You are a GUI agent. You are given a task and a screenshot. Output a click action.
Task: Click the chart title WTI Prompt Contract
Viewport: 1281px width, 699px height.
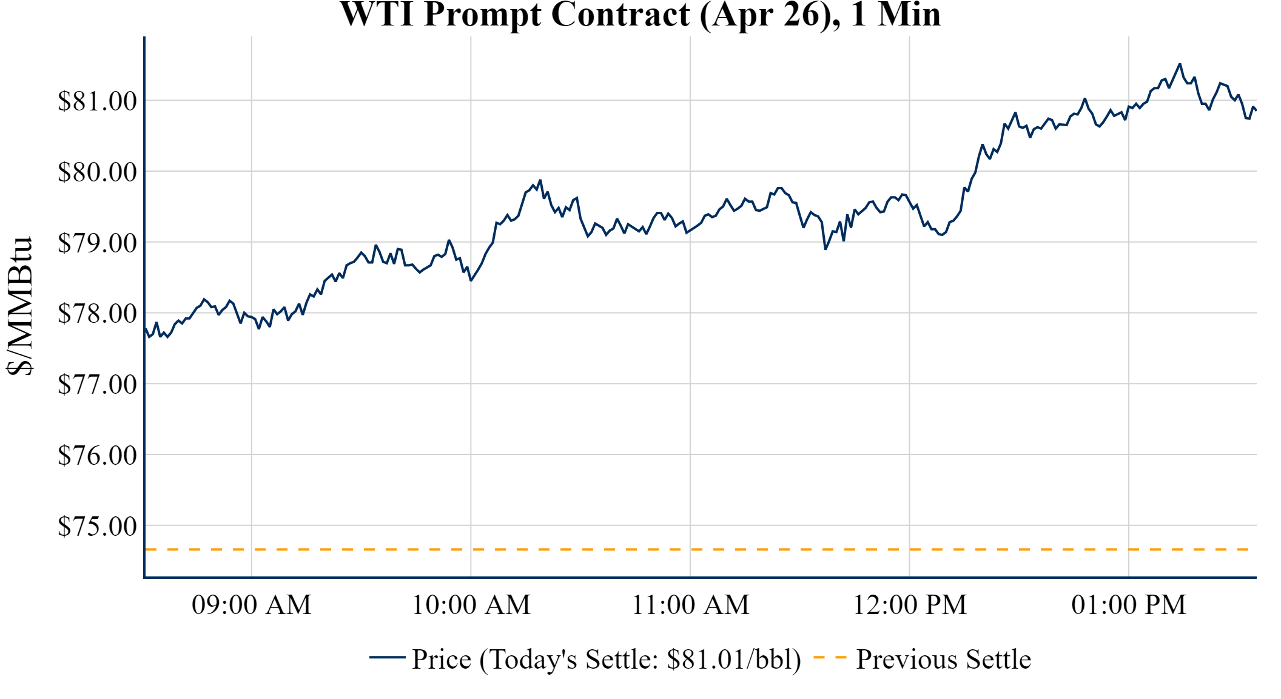[x=640, y=15]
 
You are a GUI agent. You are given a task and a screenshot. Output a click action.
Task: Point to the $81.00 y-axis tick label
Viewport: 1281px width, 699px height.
[x=97, y=101]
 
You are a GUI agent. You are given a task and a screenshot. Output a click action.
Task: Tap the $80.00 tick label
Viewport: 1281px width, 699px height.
[x=97, y=172]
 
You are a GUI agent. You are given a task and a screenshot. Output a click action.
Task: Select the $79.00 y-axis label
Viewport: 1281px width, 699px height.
[x=97, y=243]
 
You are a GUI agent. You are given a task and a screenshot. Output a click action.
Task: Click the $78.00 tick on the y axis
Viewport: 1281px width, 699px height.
[x=97, y=314]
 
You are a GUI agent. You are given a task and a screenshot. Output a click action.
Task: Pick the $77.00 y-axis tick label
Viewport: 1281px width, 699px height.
[x=97, y=384]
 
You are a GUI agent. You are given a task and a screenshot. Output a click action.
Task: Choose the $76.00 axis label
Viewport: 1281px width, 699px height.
[x=97, y=455]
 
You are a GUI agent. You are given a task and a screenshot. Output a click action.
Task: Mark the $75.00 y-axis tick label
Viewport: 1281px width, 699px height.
[x=97, y=526]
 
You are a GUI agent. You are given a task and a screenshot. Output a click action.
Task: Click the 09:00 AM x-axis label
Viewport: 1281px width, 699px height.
[x=252, y=605]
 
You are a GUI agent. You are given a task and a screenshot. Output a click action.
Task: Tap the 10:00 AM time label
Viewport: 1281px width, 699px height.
[x=471, y=605]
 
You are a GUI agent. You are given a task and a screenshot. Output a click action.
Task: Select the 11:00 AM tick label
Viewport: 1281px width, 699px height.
[x=691, y=605]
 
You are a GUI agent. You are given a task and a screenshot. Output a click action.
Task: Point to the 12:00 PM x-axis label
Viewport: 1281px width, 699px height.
[x=910, y=605]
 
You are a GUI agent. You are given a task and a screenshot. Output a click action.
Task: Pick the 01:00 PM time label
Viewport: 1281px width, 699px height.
[x=1129, y=605]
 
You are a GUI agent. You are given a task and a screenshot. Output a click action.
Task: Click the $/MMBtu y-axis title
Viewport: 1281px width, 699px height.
[x=19, y=306]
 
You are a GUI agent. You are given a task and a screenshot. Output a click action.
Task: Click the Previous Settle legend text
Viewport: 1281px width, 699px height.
[x=943, y=660]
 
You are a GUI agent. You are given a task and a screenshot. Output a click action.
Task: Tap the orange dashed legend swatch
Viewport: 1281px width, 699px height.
[x=830, y=658]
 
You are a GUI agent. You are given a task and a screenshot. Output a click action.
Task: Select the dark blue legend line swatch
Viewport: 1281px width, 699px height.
[x=387, y=658]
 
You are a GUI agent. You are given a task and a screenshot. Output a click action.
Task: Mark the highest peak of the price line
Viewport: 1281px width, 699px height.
[x=1180, y=64]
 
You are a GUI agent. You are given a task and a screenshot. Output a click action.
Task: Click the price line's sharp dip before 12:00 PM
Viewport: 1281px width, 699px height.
[x=825, y=249]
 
